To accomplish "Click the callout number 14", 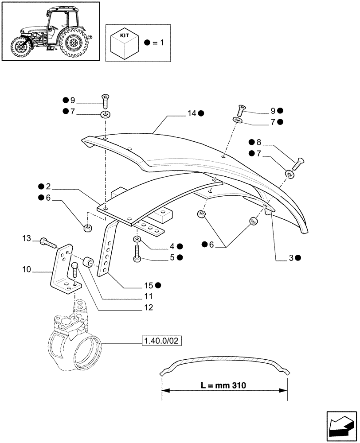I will tap(191, 113).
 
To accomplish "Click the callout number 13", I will tap(27, 239).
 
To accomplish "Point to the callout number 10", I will tap(27, 268).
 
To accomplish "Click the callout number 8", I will tap(258, 142).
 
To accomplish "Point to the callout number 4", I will tap(172, 245).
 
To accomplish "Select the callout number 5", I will tap(172, 257).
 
